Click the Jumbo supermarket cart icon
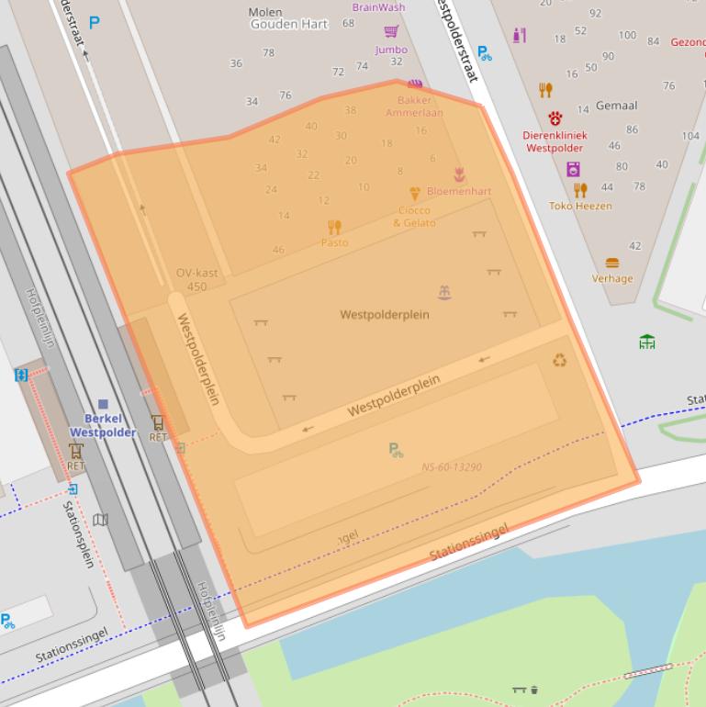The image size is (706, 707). pos(392,32)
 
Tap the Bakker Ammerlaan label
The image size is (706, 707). pos(414,107)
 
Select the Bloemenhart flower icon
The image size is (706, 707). pos(459,174)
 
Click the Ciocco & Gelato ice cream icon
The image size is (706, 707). pos(415,194)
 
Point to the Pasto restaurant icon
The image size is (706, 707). pos(334,227)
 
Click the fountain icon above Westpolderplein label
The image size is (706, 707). pos(444,293)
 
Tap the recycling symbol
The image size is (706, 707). pos(559,360)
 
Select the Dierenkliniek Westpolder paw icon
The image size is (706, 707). pos(555,118)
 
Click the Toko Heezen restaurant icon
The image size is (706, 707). pos(580,190)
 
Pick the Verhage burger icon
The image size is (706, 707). pos(612,263)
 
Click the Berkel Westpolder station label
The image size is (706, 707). pos(103,425)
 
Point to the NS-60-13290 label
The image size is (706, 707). pos(452,467)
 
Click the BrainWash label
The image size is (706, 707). pos(378,7)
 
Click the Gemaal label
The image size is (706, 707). pos(616,106)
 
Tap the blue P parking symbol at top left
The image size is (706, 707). pos(95,23)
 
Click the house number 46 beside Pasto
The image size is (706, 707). pos(278,250)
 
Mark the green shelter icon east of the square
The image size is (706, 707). pos(647,342)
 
